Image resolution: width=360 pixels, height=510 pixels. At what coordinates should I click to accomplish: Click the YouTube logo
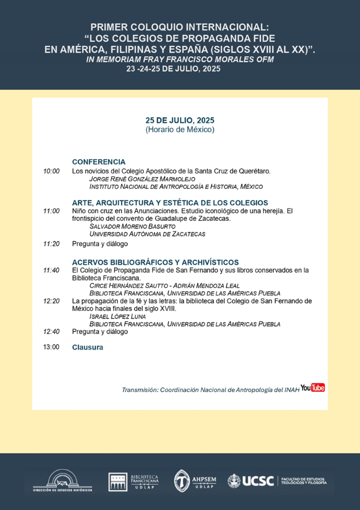[313, 388]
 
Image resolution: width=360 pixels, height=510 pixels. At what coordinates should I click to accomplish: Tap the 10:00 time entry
[51, 171]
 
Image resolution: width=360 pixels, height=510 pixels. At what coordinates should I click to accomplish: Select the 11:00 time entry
[51, 211]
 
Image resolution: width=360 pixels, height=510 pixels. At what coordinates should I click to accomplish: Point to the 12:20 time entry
[51, 301]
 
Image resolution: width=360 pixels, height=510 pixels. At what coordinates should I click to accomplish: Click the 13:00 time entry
[51, 347]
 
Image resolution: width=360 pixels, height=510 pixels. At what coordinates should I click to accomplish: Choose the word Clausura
[87, 347]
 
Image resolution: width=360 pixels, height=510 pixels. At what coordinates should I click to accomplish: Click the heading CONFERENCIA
[99, 162]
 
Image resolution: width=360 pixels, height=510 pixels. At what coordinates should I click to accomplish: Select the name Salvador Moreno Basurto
[133, 226]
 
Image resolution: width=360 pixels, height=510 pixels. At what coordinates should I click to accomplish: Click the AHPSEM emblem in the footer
[182, 481]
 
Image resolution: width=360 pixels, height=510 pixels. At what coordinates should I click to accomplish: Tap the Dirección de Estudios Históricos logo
[62, 480]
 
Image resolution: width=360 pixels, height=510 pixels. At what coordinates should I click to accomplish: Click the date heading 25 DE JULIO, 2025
[179, 120]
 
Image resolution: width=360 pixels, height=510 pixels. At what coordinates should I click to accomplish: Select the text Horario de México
[179, 130]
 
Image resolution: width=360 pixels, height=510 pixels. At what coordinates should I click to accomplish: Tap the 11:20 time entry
[51, 244]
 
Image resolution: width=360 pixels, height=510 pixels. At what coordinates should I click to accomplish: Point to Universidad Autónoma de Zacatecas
[147, 234]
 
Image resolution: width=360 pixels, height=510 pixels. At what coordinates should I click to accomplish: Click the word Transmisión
[139, 390]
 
